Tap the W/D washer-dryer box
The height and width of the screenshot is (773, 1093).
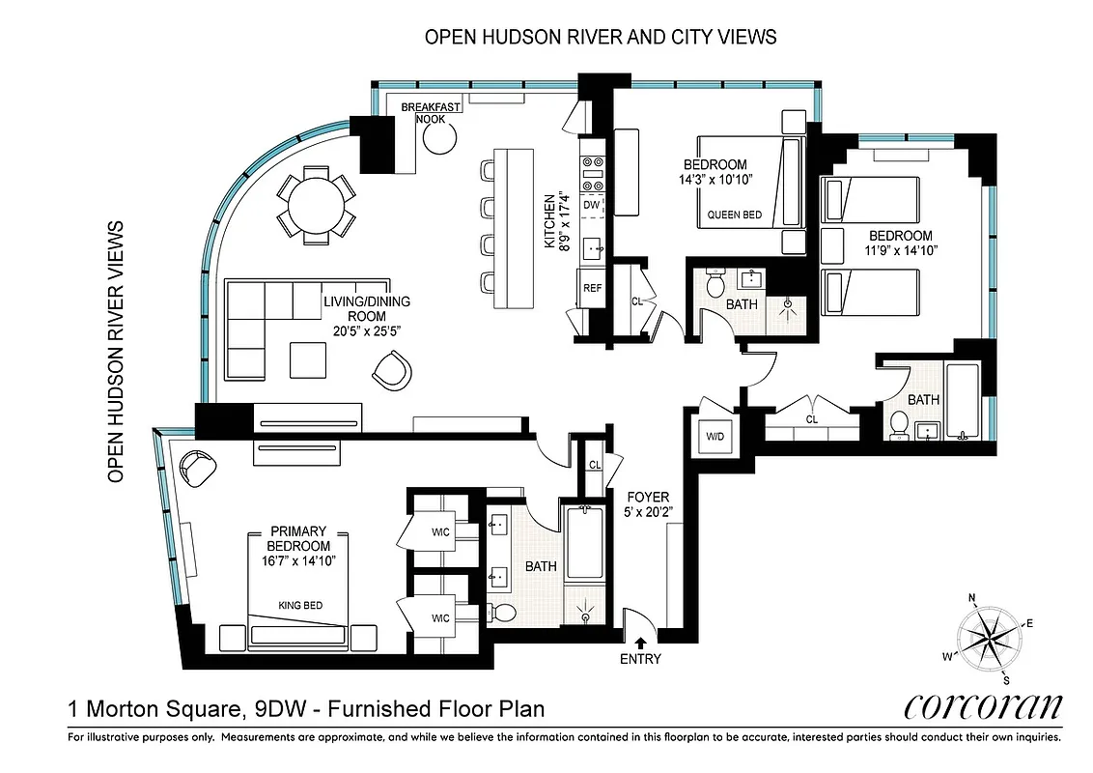coord(716,437)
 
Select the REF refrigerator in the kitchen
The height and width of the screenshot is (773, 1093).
coord(591,288)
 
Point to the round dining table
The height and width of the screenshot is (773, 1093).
coord(315,204)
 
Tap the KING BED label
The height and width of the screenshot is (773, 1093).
coord(299,606)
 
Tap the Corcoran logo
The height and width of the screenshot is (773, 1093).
coord(983,706)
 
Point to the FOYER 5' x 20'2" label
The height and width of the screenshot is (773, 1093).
coord(647,504)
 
